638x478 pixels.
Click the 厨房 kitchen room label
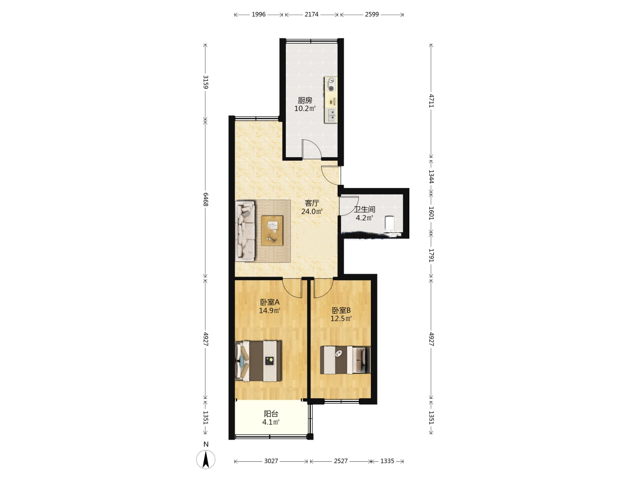(x=305, y=100)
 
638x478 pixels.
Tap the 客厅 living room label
(x=312, y=203)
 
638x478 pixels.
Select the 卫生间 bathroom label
(x=365, y=209)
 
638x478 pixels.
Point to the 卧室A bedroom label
(x=270, y=302)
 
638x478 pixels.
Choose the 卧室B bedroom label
(x=341, y=311)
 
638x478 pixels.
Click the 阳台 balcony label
(x=271, y=414)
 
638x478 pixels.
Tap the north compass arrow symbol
(x=206, y=459)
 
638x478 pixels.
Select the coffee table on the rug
(x=272, y=231)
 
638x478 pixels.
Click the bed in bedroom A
(x=258, y=361)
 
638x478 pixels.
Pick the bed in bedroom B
(x=345, y=360)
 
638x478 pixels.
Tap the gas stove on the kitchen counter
(x=331, y=84)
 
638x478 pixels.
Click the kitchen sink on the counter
(x=331, y=115)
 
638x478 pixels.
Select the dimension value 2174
(x=311, y=14)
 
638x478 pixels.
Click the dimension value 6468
(x=206, y=199)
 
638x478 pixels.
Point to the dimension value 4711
(x=431, y=101)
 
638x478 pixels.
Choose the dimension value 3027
(x=271, y=461)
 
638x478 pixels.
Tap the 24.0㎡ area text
(x=312, y=212)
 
